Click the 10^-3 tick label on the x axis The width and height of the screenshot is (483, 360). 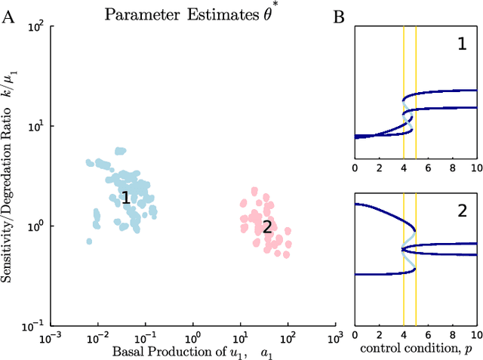pyautogui.click(x=50, y=338)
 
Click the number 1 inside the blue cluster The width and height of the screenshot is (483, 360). pyautogui.click(x=126, y=199)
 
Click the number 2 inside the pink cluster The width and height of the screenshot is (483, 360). pyautogui.click(x=266, y=226)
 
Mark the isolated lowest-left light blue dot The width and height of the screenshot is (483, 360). pyautogui.click(x=89, y=242)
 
